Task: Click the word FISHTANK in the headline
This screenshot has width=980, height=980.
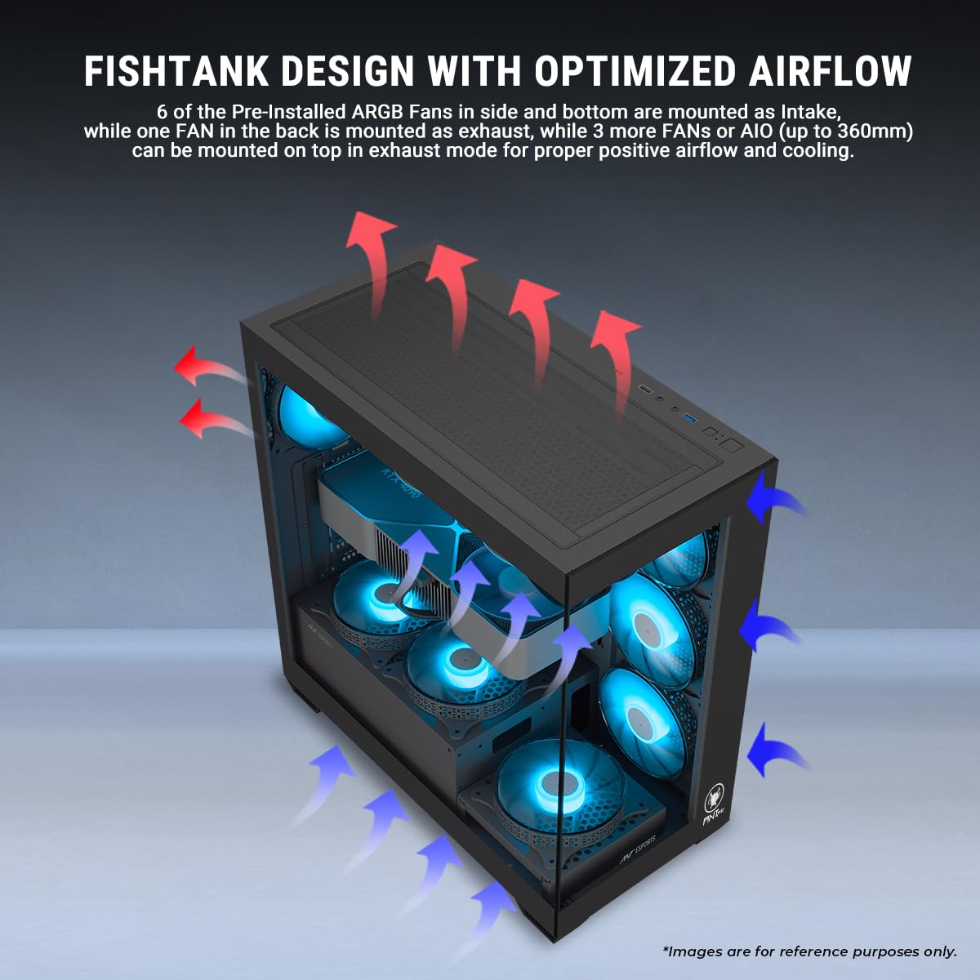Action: point(176,71)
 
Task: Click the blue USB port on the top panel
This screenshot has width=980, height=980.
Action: point(689,420)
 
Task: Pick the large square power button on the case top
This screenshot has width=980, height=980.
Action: point(732,446)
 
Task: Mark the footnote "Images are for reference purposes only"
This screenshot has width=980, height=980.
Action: point(809,951)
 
